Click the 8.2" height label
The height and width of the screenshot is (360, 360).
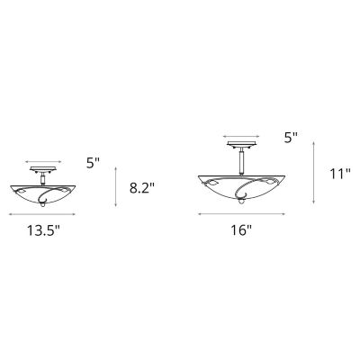[143, 188]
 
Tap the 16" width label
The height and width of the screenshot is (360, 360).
[240, 229]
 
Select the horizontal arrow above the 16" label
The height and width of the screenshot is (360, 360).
[240, 214]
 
